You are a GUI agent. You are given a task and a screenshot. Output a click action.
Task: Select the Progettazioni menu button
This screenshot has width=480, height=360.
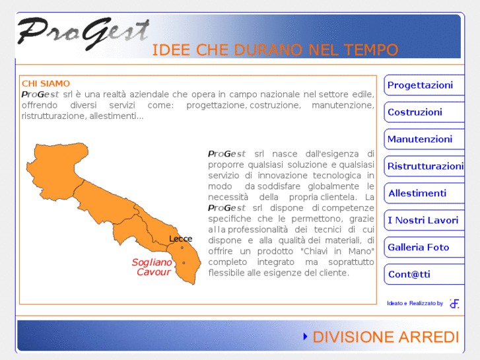pos(421,85)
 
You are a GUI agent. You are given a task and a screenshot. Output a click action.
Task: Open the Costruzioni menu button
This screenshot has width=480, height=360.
pos(416,112)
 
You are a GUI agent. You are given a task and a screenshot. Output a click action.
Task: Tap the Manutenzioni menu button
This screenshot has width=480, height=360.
pos(421,139)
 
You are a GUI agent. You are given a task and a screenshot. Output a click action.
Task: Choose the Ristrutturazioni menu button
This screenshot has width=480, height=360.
pos(425,166)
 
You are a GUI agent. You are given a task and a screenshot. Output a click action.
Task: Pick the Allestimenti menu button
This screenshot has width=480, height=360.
pos(418,194)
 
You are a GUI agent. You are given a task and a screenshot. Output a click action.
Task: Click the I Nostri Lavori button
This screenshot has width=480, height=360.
pos(423,221)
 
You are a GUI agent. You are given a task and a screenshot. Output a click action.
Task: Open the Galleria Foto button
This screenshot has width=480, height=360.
pos(419,248)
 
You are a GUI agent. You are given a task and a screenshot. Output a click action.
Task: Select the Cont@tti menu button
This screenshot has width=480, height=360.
pos(409,275)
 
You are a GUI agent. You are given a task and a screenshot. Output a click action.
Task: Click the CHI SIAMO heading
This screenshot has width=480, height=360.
pos(46,83)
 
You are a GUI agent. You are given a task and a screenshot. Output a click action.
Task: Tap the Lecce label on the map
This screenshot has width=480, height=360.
pos(180,238)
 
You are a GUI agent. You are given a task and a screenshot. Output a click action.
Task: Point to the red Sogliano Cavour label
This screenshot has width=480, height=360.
pos(153,267)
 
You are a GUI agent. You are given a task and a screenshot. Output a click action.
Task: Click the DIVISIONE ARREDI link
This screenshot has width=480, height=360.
pos(386,337)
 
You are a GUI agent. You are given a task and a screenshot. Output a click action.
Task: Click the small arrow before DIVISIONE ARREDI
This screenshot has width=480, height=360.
pos(305,337)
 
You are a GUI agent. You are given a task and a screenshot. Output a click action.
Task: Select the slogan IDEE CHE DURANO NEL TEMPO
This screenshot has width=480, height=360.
pos(275,50)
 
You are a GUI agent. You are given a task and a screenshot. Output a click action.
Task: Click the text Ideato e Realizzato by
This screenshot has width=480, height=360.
pos(415,303)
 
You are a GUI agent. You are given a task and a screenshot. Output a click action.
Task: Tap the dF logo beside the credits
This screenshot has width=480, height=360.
pos(454,303)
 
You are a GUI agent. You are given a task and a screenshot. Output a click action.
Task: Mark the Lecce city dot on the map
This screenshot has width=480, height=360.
pos(182,248)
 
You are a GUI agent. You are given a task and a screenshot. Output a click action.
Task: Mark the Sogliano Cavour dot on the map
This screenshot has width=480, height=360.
pos(184,263)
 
